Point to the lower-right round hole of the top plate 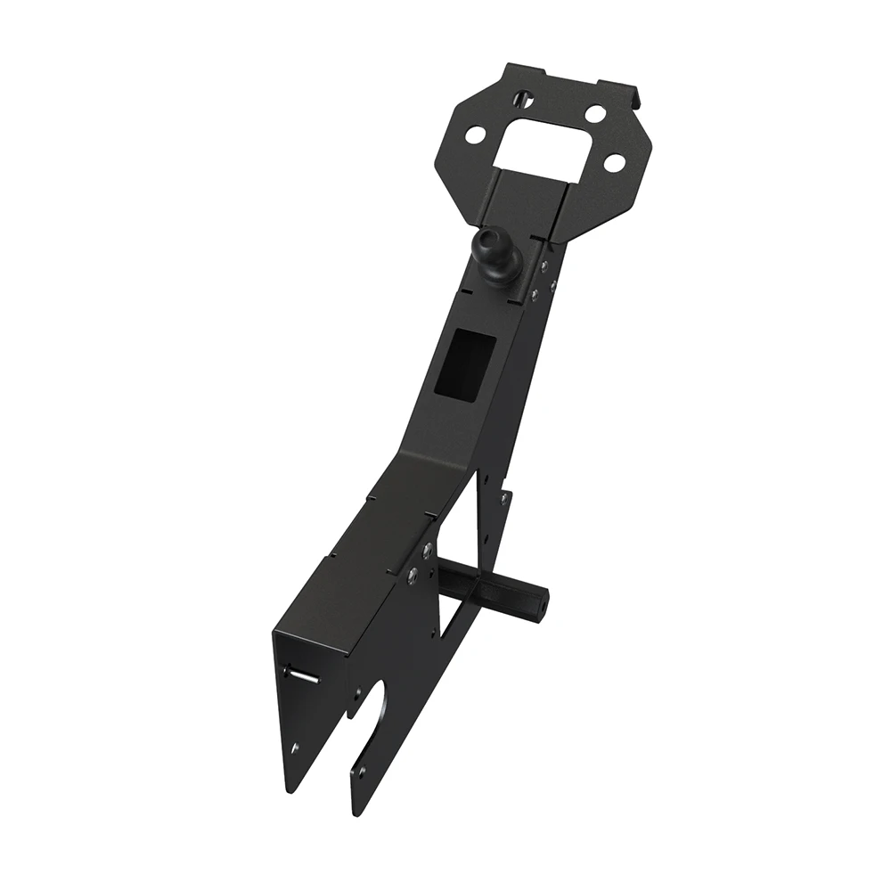tap(612, 163)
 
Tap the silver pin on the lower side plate tap(303, 676)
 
